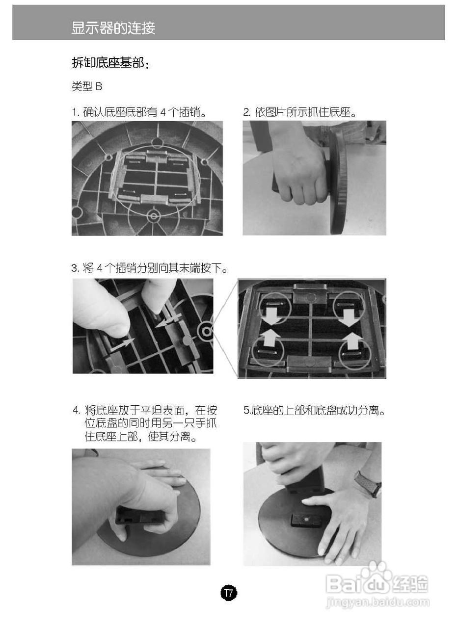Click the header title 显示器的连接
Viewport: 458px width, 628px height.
[x=113, y=28]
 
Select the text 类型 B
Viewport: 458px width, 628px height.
[x=87, y=86]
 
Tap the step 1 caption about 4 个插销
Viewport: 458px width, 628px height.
[x=139, y=112]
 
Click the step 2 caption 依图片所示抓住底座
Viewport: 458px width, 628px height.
[x=300, y=112]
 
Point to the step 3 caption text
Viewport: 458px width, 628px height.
[x=150, y=268]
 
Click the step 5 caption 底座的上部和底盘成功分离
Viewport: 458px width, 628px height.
[x=314, y=411]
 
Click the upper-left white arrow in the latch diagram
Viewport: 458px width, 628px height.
[x=271, y=315]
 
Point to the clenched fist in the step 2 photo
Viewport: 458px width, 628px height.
[x=299, y=173]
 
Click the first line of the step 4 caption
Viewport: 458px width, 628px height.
[x=145, y=411]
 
